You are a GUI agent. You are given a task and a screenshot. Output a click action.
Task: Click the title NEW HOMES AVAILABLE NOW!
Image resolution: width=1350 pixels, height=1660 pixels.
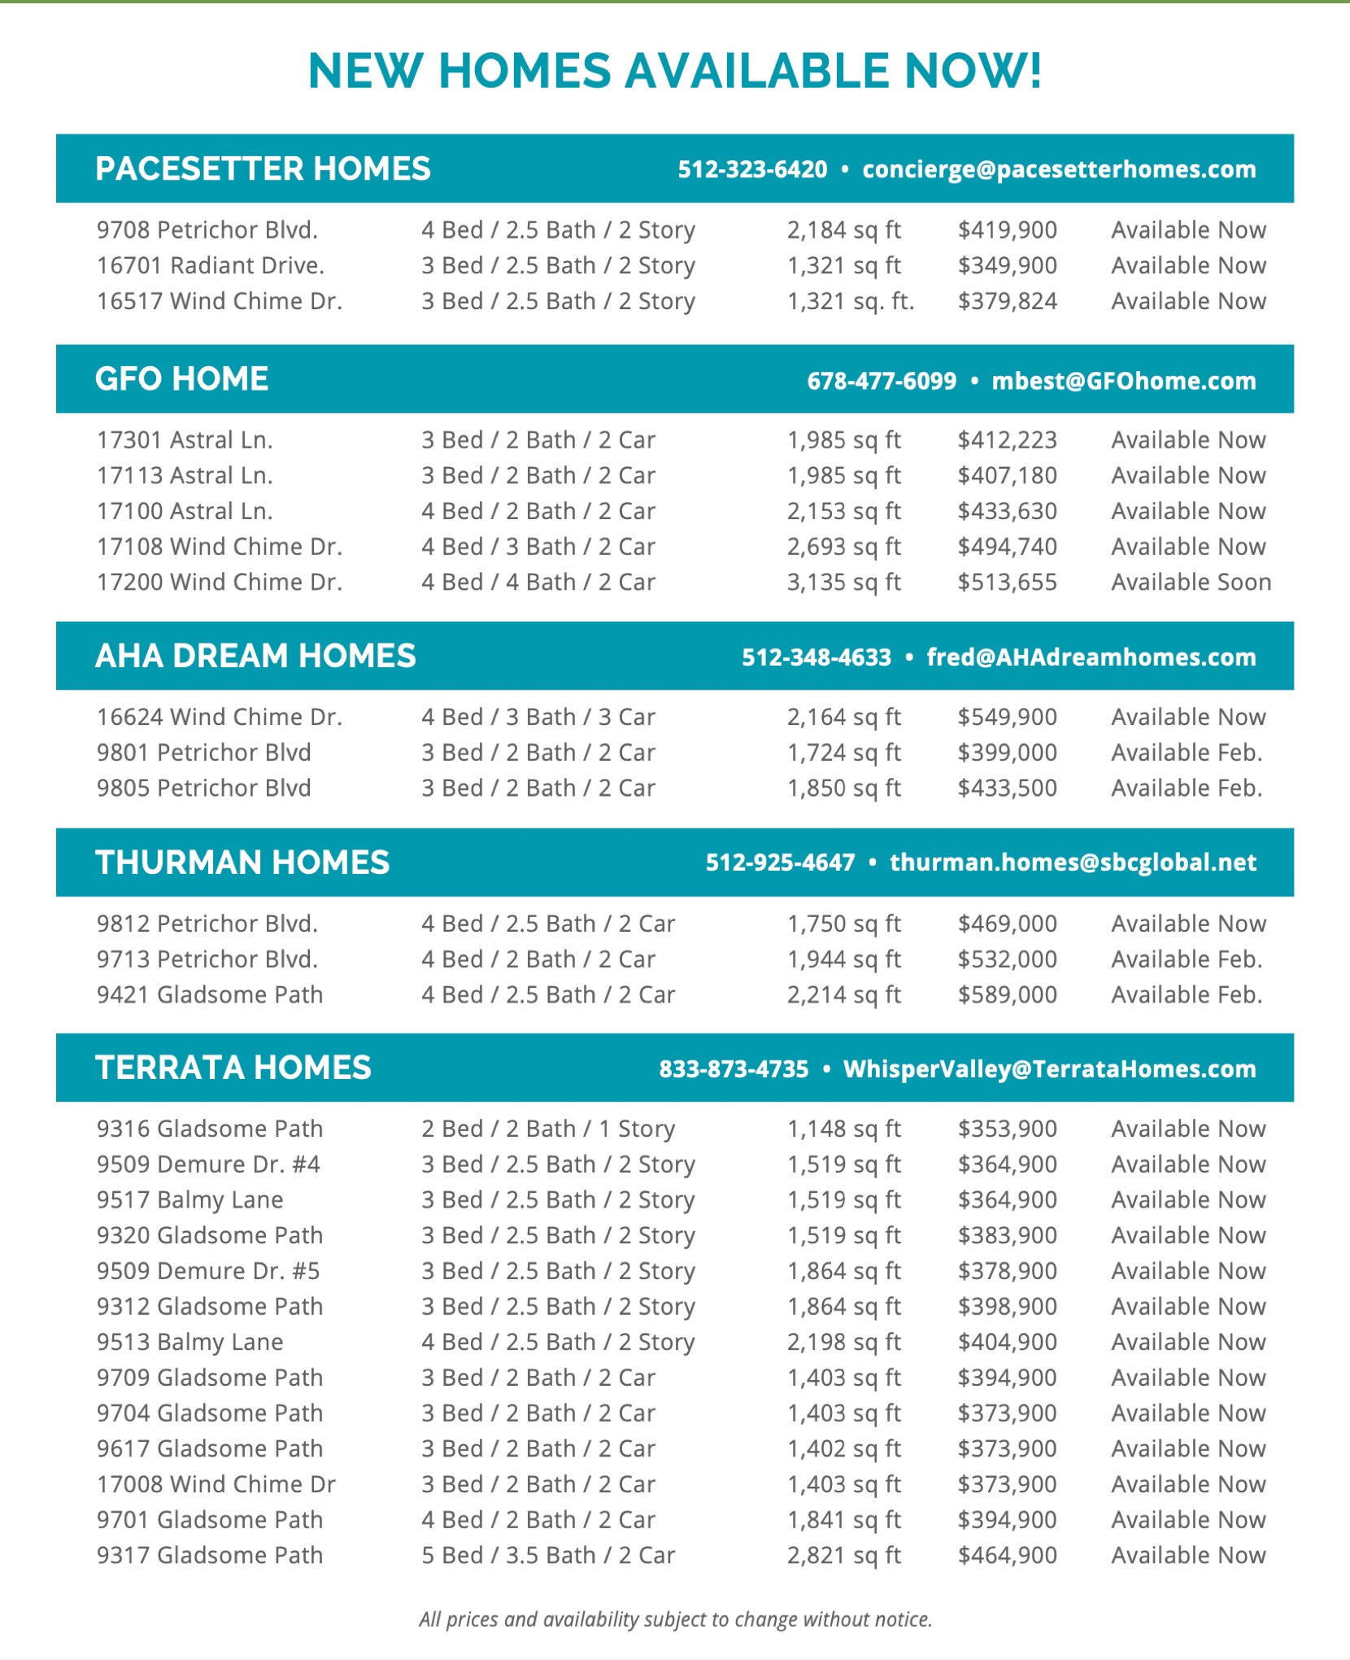click(675, 71)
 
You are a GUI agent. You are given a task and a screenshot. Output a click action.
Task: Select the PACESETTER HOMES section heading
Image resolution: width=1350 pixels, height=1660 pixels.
click(263, 169)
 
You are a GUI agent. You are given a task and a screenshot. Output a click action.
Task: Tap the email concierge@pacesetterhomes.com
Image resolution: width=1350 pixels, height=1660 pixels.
click(1059, 169)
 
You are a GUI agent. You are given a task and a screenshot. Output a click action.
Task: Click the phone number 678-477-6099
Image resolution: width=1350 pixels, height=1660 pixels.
click(882, 381)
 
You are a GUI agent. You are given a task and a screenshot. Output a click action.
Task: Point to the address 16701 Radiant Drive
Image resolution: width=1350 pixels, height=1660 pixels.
click(211, 265)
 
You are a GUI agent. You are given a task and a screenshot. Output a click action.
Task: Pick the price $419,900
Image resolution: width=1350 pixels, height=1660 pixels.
click(1007, 230)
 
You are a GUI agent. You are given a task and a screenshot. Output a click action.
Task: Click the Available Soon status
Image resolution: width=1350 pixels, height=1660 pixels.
click(1191, 583)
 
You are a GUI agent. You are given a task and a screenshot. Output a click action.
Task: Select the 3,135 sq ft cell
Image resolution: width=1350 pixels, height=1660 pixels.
click(843, 583)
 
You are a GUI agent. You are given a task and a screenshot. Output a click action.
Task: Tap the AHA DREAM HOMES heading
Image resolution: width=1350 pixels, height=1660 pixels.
click(255, 656)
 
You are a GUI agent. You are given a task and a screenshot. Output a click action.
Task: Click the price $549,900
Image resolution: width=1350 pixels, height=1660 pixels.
click(1007, 717)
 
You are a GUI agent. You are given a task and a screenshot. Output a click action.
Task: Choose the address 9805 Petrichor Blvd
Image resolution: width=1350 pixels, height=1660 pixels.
click(204, 788)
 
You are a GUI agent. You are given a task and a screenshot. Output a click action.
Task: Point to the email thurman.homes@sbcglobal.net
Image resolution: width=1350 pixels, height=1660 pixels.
click(1073, 863)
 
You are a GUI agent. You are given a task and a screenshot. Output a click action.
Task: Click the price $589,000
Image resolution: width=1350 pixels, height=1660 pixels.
click(1007, 994)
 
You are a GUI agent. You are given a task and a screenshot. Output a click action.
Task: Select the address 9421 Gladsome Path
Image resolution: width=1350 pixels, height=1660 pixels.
click(210, 994)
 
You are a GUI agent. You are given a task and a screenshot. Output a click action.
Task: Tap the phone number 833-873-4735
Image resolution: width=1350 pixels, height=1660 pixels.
click(734, 1068)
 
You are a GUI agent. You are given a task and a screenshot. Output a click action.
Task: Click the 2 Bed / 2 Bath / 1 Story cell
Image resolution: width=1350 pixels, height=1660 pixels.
click(548, 1129)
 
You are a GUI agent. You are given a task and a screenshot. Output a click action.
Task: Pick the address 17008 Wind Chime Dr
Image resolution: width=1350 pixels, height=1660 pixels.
click(216, 1484)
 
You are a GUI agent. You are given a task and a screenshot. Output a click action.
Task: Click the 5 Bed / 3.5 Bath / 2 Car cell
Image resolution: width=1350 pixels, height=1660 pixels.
click(548, 1555)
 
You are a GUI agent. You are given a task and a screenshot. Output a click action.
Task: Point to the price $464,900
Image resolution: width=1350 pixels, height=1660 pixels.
click(1007, 1555)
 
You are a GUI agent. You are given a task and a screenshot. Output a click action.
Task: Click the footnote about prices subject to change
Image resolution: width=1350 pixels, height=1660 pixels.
click(675, 1619)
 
